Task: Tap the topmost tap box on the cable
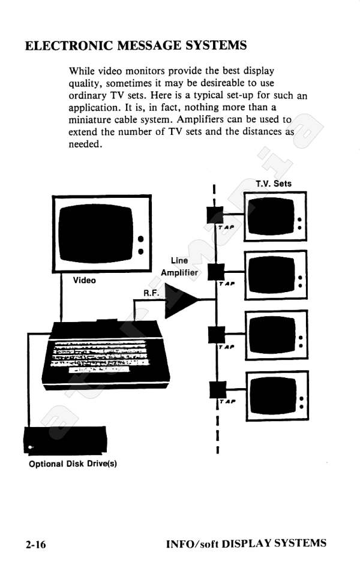(x=215, y=215)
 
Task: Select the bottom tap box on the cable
(x=218, y=389)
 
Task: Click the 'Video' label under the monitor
(x=85, y=280)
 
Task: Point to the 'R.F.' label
(x=151, y=293)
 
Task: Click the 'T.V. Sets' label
(x=274, y=184)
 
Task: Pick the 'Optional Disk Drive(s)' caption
(x=73, y=464)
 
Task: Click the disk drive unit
(x=65, y=440)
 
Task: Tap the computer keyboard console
(x=106, y=355)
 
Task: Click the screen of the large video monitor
(x=95, y=233)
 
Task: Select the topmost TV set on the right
(x=275, y=217)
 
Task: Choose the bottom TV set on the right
(x=277, y=396)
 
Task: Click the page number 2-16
(x=35, y=544)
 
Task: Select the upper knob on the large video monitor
(x=141, y=239)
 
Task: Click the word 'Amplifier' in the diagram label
(x=179, y=273)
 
